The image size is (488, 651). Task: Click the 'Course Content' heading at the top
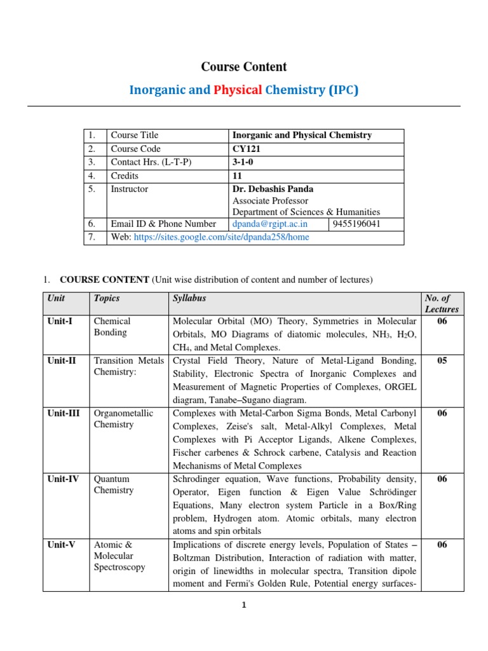pos(244,67)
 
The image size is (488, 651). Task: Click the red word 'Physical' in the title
pos(238,90)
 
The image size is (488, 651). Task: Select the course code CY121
pos(247,149)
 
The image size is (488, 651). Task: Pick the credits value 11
pos(238,175)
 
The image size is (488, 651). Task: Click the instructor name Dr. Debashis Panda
pos(273,189)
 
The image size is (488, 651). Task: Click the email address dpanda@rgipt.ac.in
pos(270,224)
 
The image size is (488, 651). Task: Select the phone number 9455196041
pos(358,224)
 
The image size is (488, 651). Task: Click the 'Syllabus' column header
pos(189,298)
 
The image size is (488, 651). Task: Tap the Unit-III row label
pos(64,413)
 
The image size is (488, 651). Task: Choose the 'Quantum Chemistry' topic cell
pos(114,484)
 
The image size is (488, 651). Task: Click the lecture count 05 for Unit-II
pos(442,360)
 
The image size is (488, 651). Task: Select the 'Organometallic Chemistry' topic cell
pos(123,418)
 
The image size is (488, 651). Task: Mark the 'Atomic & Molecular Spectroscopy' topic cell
pos(119,556)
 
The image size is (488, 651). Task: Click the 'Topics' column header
pos(107,298)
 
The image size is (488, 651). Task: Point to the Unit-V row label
pos(61,545)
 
